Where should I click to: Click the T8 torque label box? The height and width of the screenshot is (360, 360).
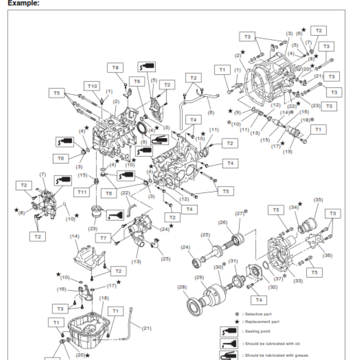[x=115, y=67]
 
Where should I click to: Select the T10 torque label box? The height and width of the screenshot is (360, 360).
[x=92, y=85]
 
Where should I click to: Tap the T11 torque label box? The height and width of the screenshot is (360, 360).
[x=82, y=192]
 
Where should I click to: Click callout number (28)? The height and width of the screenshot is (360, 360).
[x=182, y=287]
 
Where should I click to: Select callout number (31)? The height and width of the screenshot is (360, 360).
[x=233, y=261]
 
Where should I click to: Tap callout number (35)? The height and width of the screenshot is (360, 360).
[x=318, y=199]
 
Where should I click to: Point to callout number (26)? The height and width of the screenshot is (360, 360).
[x=222, y=222]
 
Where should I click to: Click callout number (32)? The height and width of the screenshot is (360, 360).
[x=273, y=286]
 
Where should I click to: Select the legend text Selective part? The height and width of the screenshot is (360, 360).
[x=258, y=314]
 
